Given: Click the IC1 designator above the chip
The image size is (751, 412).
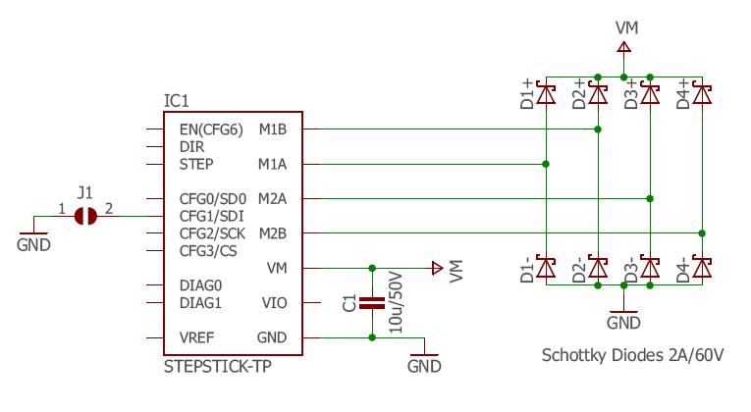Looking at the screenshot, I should (x=176, y=102).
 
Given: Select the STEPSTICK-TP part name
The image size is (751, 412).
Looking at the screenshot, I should (x=218, y=368).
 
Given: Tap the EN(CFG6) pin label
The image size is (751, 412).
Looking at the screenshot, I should (x=211, y=129).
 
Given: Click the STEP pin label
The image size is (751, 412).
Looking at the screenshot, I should (x=196, y=164).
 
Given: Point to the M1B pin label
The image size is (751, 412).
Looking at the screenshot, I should (x=273, y=129).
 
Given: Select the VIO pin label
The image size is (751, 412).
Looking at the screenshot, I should (x=275, y=303).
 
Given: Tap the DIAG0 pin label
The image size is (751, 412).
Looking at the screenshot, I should (x=201, y=285).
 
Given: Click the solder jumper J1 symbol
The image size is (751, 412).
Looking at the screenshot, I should (x=86, y=216).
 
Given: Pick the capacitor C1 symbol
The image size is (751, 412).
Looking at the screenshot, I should (x=372, y=303).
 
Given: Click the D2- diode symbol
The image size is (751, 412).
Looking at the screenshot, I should (x=597, y=267).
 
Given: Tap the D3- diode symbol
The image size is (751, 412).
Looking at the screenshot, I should (x=649, y=267).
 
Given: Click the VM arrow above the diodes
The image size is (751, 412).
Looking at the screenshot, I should (x=623, y=46).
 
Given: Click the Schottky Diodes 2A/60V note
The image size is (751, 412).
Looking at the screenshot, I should (x=633, y=355).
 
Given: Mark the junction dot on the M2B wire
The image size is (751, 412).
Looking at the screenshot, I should (x=701, y=233).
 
